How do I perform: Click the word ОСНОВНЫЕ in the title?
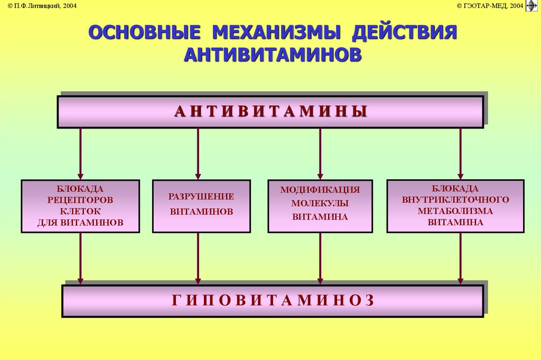(144, 32)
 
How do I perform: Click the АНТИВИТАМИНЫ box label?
(270, 112)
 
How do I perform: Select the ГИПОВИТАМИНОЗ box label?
(273, 300)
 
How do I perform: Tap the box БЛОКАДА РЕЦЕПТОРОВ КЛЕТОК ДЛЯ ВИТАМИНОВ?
(80, 206)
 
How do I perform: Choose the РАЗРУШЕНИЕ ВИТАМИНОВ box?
(201, 206)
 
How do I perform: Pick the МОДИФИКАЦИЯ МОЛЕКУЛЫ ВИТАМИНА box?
(320, 206)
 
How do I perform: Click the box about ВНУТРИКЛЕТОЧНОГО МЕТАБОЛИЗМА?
(455, 206)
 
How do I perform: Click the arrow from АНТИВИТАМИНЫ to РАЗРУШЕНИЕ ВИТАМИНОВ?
(198, 153)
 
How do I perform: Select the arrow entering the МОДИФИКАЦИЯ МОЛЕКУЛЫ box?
(320, 153)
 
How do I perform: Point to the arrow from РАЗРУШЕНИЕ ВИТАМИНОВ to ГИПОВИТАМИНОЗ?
(198, 259)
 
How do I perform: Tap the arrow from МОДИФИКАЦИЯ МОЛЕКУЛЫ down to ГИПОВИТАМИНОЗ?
(320, 259)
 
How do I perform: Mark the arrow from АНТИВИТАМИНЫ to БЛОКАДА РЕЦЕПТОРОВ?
(81, 153)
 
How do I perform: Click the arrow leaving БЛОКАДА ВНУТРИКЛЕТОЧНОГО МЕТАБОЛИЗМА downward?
(460, 259)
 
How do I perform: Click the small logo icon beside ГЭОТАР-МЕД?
(531, 6)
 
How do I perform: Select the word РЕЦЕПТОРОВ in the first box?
(80, 200)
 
